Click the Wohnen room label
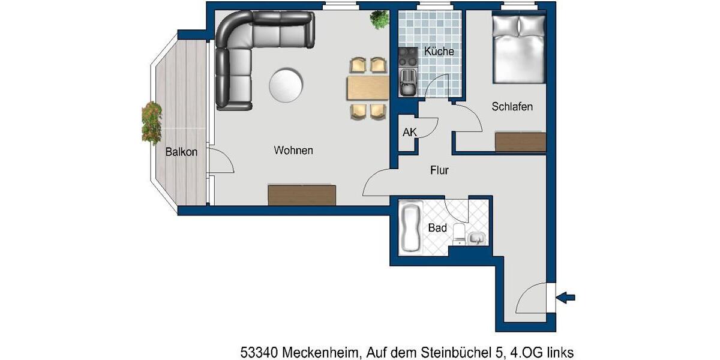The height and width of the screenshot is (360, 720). pos(293,150)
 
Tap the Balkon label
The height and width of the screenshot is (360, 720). pos(181,152)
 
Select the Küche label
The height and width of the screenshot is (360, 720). pos(439,52)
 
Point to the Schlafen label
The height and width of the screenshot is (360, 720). pos(512,107)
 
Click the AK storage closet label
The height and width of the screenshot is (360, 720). pos(409,133)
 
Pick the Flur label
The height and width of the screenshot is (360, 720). pos(439,170)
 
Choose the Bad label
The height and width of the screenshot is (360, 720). pos(437,228)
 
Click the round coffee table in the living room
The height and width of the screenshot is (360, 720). pos(286,84)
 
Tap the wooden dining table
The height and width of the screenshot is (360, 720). pos(367,88)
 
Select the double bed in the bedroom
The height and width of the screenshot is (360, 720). pos(518,49)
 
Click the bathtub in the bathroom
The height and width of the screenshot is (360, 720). pos(411,229)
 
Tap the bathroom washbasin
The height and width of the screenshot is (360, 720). pos(477,238)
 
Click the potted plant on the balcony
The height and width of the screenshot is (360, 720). pos(152,122)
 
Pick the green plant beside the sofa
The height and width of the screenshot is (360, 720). pos(379,20)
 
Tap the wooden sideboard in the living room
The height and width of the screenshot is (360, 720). pos(302,195)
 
